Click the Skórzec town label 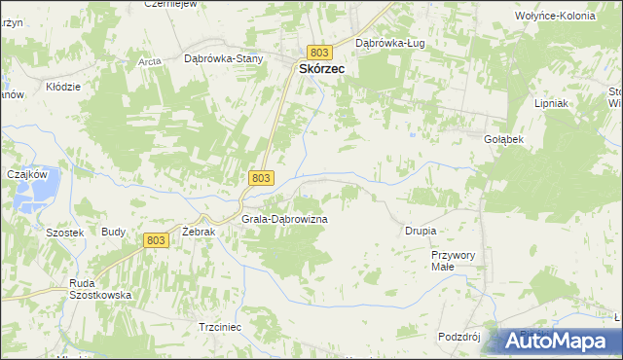pyautogui.click(x=320, y=69)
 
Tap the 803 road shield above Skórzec pyautogui.click(x=320, y=52)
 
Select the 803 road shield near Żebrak pyautogui.click(x=156, y=240)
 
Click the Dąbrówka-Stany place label pyautogui.click(x=224, y=58)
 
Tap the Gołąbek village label pyautogui.click(x=504, y=139)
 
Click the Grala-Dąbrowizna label pyautogui.click(x=284, y=220)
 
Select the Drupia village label pyautogui.click(x=421, y=231)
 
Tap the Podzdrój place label pyautogui.click(x=460, y=336)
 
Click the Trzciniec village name pyautogui.click(x=219, y=327)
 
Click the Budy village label pyautogui.click(x=113, y=233)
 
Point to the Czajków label pyautogui.click(x=27, y=173)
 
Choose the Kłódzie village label pyautogui.click(x=63, y=87)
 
